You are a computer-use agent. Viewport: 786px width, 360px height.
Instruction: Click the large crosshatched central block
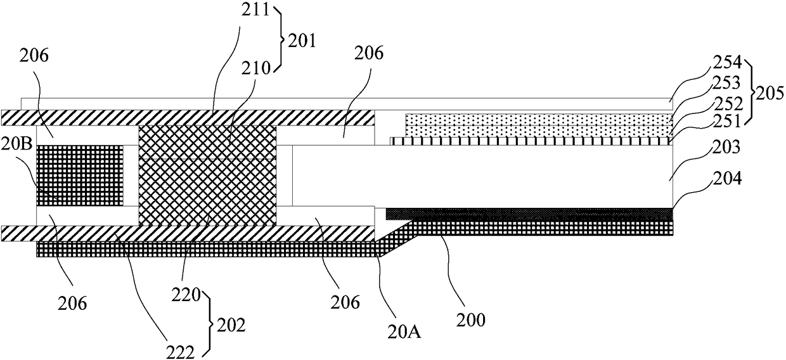[x=207, y=175]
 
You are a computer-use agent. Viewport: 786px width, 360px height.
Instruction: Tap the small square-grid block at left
[x=80, y=176]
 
